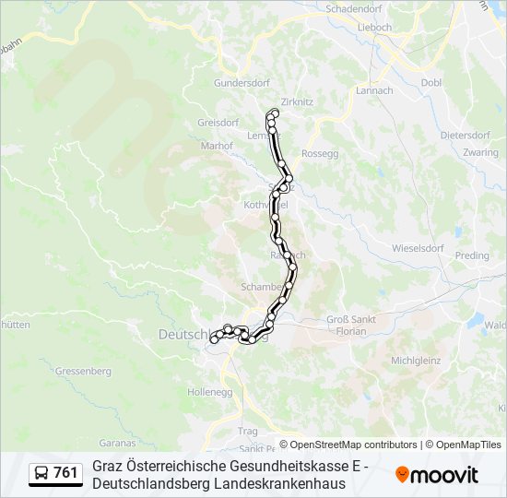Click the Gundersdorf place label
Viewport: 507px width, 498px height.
[239, 82]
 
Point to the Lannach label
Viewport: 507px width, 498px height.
[374, 90]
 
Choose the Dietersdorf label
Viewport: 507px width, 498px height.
[466, 135]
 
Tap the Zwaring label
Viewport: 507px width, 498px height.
[481, 152]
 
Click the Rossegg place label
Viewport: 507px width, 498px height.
[321, 153]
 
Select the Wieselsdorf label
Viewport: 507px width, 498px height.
[419, 248]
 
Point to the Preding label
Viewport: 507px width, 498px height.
[472, 255]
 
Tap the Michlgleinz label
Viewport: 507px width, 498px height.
[417, 361]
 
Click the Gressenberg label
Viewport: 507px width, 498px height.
[83, 371]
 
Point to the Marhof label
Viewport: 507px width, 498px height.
[217, 145]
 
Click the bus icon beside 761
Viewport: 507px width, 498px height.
[41, 474]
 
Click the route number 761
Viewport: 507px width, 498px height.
[66, 474]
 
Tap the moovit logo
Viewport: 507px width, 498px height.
[437, 475]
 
